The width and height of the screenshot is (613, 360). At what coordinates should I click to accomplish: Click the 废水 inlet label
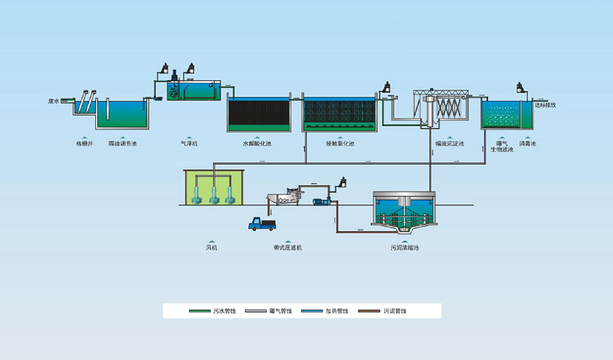pyautogui.click(x=54, y=100)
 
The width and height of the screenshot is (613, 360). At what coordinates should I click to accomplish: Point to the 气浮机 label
pyautogui.click(x=188, y=142)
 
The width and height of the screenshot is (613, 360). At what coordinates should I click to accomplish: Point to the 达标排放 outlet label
pyautogui.click(x=546, y=105)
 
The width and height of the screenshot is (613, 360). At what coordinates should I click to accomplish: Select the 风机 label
pyautogui.click(x=212, y=247)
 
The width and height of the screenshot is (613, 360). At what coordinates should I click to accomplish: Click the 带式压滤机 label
pyautogui.click(x=287, y=247)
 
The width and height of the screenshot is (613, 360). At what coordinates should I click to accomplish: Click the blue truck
pyautogui.click(x=261, y=224)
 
